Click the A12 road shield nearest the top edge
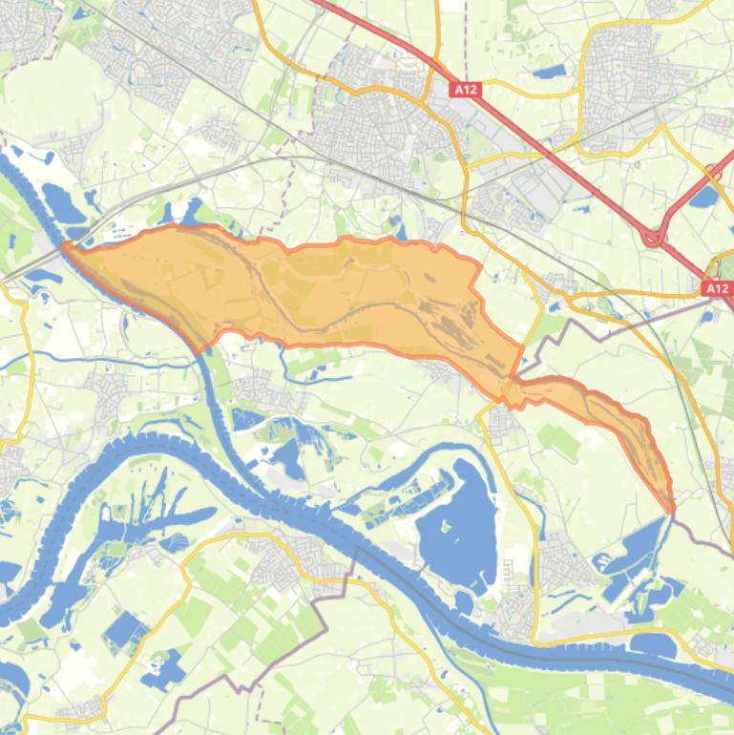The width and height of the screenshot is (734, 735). point(466,90)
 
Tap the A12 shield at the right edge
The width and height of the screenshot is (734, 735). point(718,287)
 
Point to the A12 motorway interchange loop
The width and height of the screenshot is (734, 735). point(655,236)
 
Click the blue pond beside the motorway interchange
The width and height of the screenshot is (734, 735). point(704,197)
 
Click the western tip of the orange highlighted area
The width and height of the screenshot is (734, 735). point(65,248)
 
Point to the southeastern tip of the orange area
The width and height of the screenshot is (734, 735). point(671,508)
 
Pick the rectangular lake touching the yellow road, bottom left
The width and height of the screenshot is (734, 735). point(124,631)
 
